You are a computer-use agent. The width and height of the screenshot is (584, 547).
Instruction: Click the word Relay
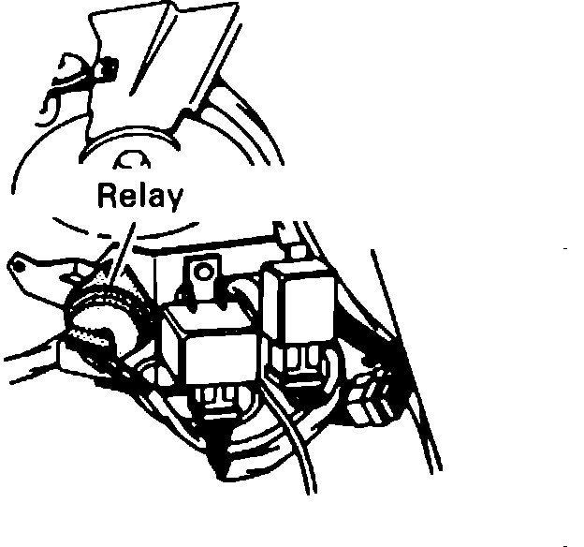tap(140, 197)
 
